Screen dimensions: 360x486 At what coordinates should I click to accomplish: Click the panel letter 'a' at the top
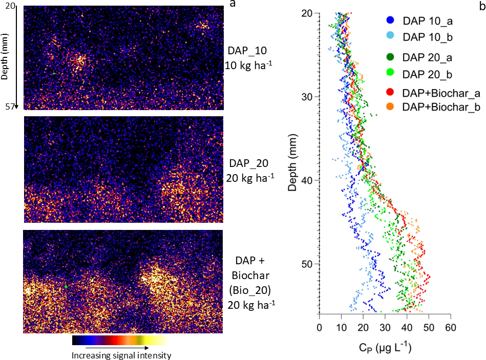[233, 4]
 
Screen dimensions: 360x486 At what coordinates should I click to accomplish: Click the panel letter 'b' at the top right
[481, 6]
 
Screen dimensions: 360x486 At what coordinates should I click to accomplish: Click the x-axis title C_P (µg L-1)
[385, 348]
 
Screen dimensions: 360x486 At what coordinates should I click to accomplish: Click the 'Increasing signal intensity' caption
[121, 355]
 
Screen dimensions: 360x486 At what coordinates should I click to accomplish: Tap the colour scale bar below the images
[120, 341]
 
